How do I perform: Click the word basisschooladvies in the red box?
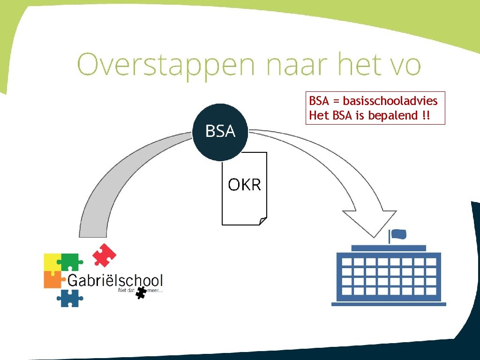coord(390,101)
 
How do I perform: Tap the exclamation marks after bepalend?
coord(426,115)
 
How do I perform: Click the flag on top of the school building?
coord(398,234)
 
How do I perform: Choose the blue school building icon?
coord(389,277)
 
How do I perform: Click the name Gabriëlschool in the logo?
coord(115,281)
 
